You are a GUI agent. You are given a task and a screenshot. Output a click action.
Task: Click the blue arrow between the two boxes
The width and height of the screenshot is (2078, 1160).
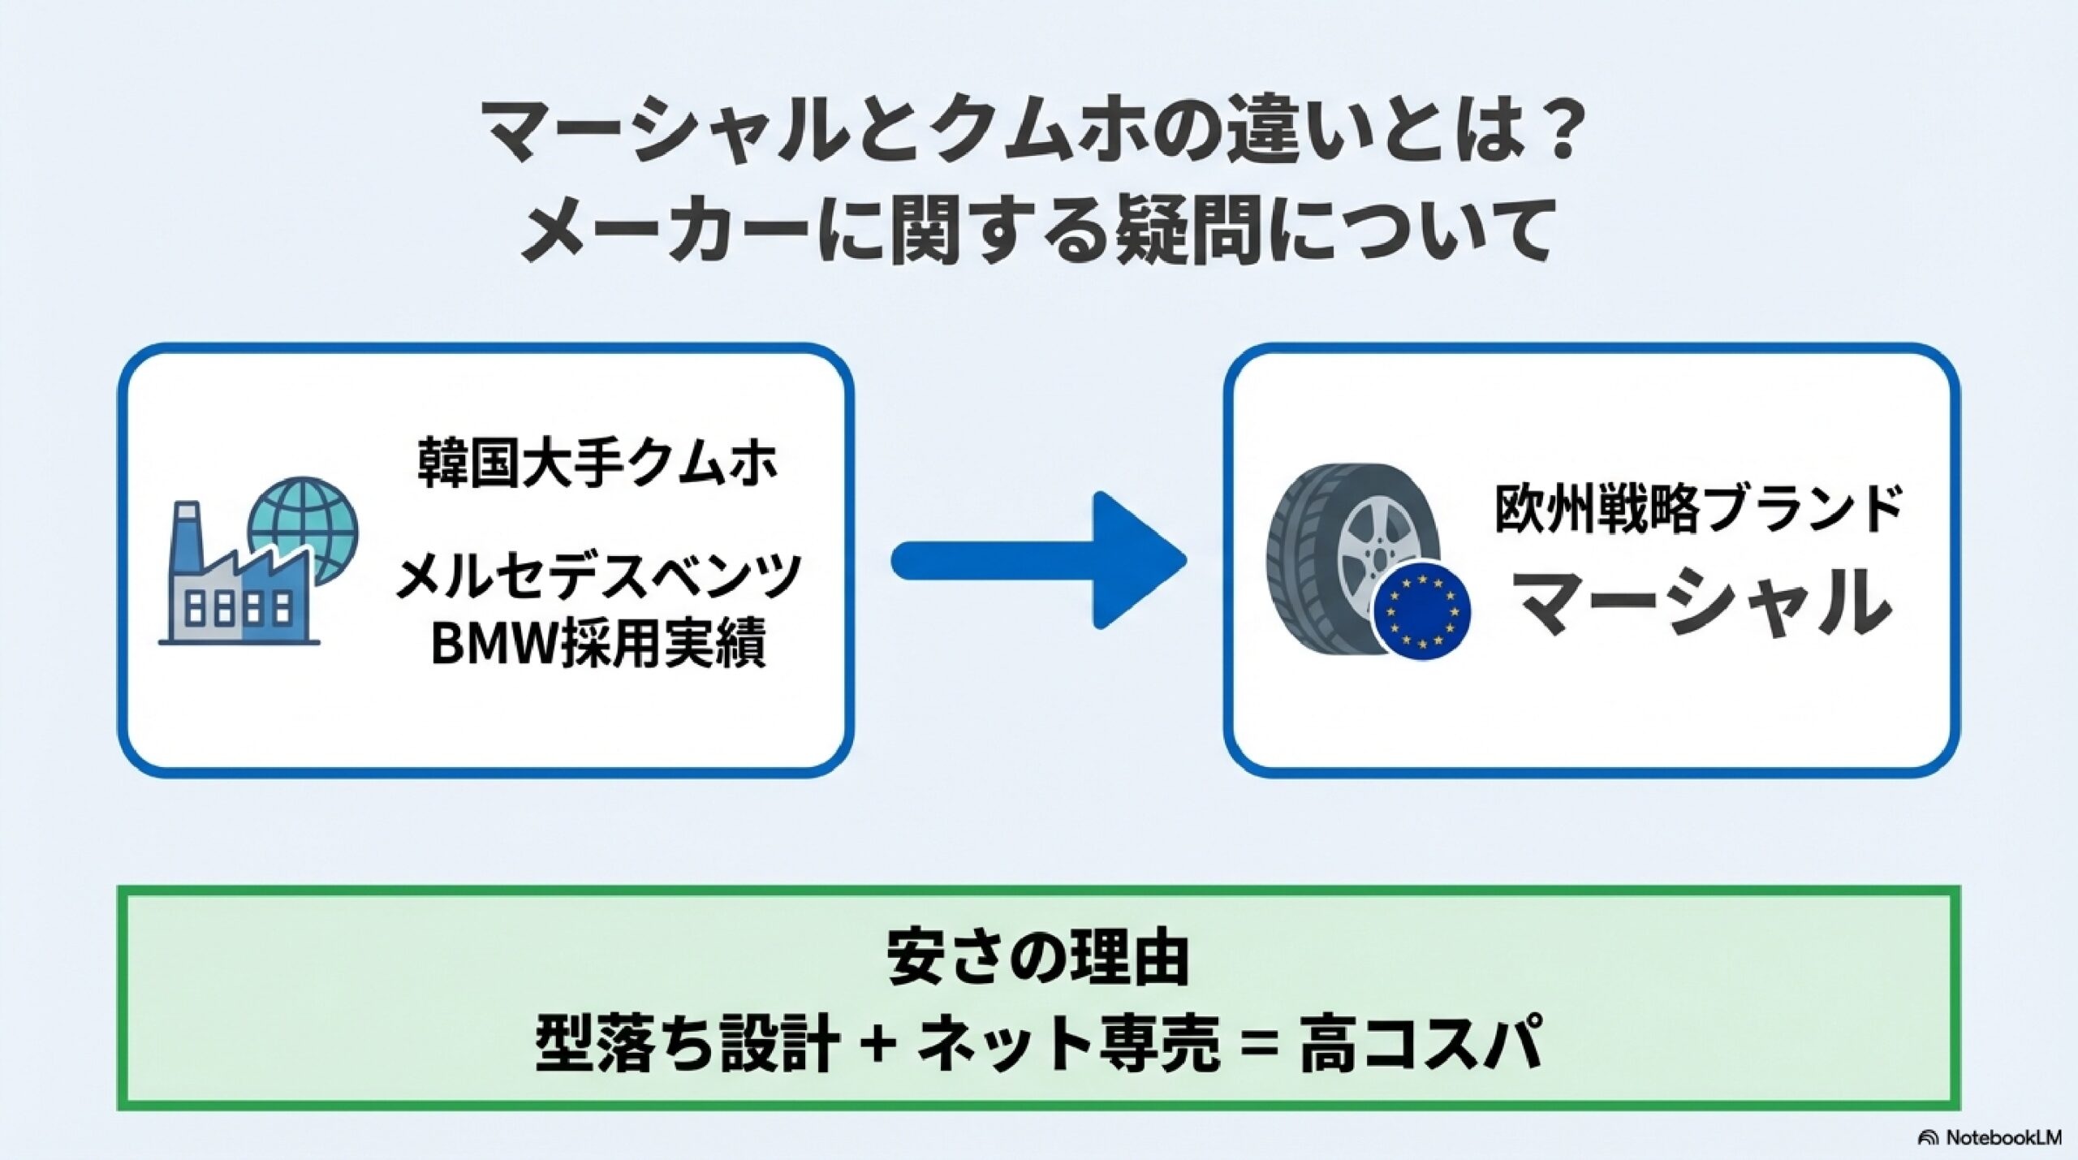click(x=1039, y=560)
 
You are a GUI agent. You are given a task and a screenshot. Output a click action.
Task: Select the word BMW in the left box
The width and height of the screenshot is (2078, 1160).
click(x=489, y=645)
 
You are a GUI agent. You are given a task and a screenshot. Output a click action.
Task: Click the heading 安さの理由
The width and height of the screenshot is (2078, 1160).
click(x=1038, y=958)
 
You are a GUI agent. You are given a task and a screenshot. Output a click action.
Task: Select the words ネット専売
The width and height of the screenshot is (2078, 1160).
click(x=1068, y=1044)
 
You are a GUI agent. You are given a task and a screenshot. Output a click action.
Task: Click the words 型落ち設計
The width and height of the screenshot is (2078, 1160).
click(x=686, y=1044)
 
